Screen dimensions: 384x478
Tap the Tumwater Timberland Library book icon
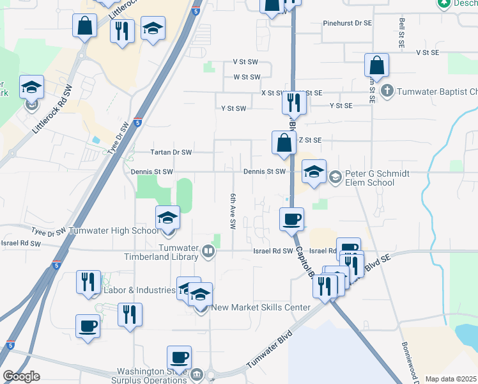click(x=208, y=252)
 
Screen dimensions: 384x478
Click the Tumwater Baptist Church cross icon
click(x=387, y=92)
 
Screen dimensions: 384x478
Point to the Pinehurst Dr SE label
click(x=347, y=23)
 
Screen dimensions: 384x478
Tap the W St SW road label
click(x=247, y=77)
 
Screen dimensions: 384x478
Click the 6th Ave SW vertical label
click(x=233, y=212)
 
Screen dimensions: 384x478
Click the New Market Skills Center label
click(x=261, y=307)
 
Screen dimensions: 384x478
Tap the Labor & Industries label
click(x=139, y=290)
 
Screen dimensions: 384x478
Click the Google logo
click(x=22, y=376)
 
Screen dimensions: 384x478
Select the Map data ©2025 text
click(x=451, y=379)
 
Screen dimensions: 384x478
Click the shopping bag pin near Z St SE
click(x=284, y=143)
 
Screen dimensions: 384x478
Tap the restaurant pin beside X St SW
click(x=292, y=102)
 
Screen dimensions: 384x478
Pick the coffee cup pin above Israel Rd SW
click(x=292, y=220)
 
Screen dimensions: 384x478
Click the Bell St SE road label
click(x=403, y=34)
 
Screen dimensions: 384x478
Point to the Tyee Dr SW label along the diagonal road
click(x=124, y=134)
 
